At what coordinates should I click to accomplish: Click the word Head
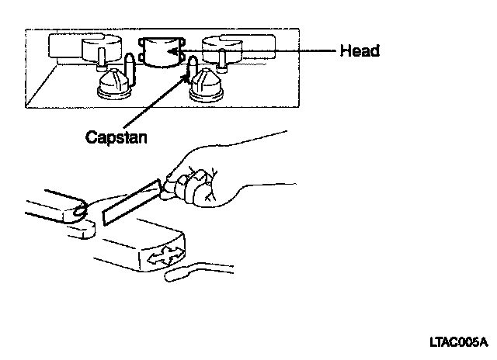coord(360,51)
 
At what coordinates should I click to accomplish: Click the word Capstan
coord(116,137)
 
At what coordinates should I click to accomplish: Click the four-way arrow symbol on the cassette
coord(165,254)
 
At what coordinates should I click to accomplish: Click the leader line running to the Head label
coord(264,51)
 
